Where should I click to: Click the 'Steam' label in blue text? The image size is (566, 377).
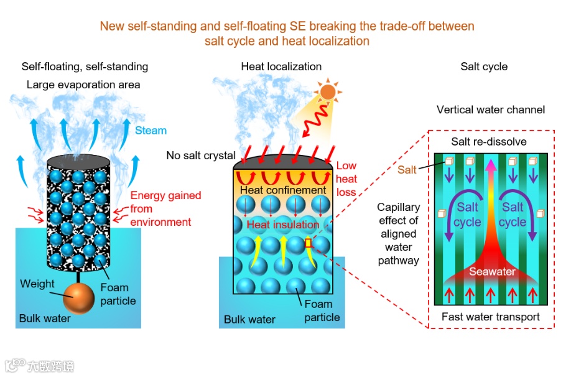(151, 131)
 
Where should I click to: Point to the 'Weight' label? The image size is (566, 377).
(37, 284)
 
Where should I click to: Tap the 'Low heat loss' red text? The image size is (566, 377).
(347, 179)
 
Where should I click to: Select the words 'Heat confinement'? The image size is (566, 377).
(283, 190)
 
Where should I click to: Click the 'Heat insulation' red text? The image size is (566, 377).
(283, 224)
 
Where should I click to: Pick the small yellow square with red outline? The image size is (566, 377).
(308, 243)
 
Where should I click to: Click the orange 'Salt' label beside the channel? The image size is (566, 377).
(407, 170)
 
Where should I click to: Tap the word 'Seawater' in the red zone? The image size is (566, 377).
(491, 272)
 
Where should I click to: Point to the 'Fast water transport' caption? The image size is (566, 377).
(491, 317)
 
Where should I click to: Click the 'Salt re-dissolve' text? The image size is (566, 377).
(489, 142)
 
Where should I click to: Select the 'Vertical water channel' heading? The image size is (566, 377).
(491, 110)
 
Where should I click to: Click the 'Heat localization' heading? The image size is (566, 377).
(281, 67)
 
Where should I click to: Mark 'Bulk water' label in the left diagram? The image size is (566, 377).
(44, 319)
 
